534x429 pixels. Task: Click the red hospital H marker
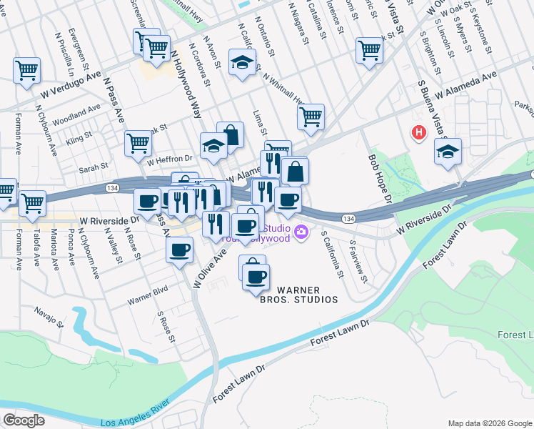(x=418, y=132)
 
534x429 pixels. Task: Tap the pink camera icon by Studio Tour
(x=301, y=231)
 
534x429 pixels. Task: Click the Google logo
(x=24, y=420)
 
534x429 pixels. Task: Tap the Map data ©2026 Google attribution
(x=489, y=423)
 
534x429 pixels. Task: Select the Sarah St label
(x=94, y=167)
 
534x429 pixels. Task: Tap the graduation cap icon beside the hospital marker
(x=448, y=152)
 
